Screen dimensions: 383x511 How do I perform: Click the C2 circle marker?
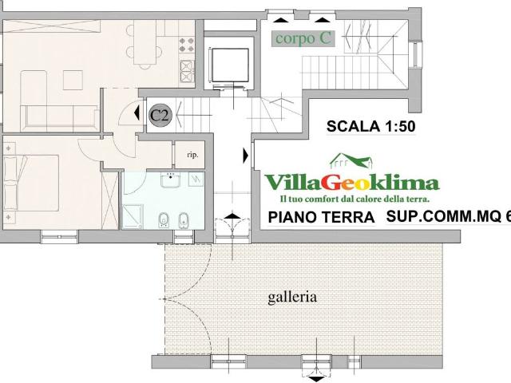click(160, 114)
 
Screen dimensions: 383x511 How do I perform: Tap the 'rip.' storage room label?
click(192, 155)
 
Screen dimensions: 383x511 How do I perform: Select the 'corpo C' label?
click(303, 38)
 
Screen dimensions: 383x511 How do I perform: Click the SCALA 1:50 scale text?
click(372, 125)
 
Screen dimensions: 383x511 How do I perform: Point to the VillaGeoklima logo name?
click(351, 182)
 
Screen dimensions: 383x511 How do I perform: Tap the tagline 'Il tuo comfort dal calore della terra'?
click(355, 198)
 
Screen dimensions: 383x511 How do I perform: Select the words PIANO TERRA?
click(321, 217)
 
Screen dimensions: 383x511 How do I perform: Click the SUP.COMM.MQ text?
click(444, 216)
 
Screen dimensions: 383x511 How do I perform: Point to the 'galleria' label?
click(291, 297)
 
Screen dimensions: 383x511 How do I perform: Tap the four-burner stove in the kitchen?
click(188, 66)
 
